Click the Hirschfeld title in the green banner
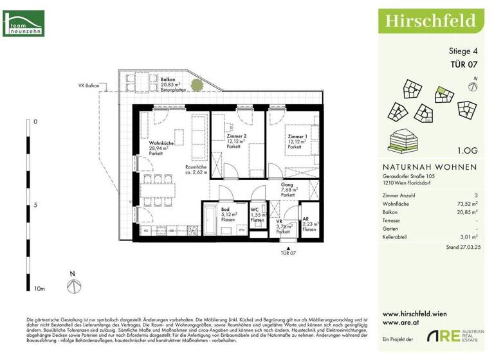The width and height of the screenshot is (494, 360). [430, 21]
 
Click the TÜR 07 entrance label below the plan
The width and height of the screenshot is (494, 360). [289, 253]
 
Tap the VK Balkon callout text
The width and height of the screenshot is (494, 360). [90, 85]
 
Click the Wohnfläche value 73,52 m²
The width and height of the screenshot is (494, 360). [466, 202]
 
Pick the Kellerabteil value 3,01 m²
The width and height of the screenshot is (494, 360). [468, 236]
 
